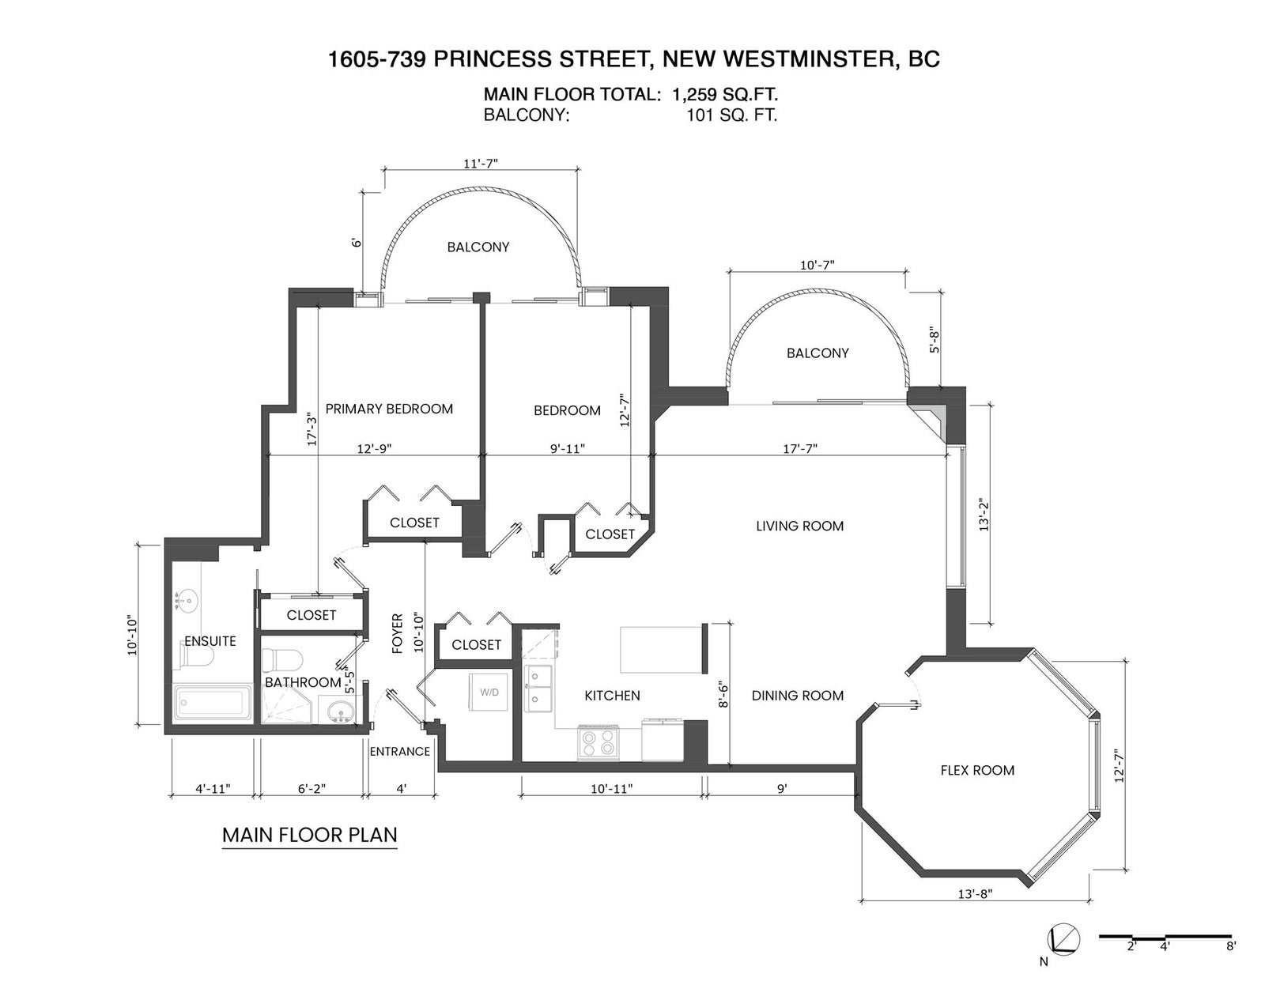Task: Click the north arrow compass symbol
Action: (x=1063, y=955)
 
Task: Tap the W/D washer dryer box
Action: (x=489, y=693)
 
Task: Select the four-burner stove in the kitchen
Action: (x=598, y=742)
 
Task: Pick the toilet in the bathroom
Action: (x=281, y=661)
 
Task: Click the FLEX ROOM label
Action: (x=977, y=770)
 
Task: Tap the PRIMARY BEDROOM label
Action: (x=389, y=409)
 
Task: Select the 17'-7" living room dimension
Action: (x=800, y=448)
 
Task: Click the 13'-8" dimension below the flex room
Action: (x=975, y=910)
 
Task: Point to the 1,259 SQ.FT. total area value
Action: (x=725, y=94)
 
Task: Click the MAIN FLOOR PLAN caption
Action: (x=310, y=835)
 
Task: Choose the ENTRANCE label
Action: (x=400, y=751)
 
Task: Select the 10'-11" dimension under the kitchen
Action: (x=611, y=789)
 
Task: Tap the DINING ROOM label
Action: (x=798, y=695)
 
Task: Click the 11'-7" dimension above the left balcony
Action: (x=481, y=164)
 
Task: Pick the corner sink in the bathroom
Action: (x=339, y=711)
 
